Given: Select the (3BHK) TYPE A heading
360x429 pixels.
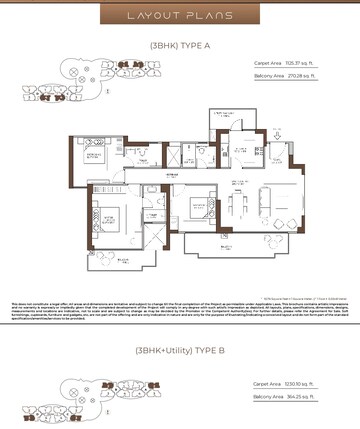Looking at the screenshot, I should coord(180,45).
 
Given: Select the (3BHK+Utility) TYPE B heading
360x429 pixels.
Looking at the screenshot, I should coord(180,350).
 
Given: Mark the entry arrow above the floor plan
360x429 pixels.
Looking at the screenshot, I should coord(277,130).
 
